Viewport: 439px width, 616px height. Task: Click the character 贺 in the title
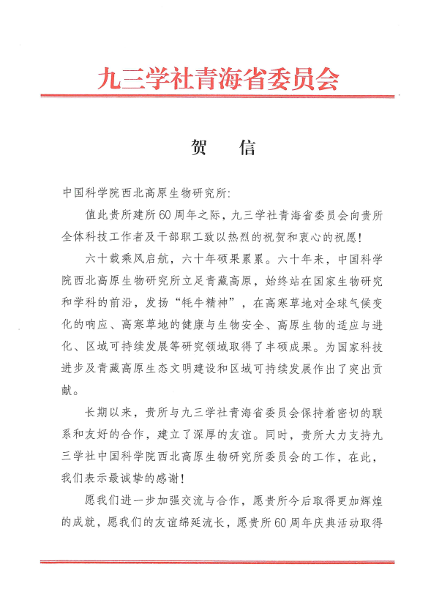point(198,148)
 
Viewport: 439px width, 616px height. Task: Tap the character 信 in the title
point(247,148)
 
